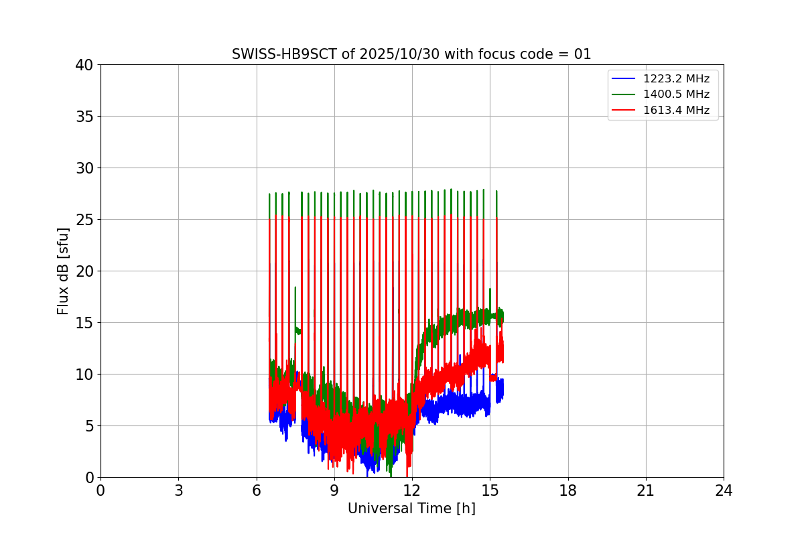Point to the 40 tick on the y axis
pos(84,65)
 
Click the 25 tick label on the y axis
pos(84,220)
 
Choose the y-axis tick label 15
pos(84,323)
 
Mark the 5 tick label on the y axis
pos(88,426)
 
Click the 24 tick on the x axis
pos(724,490)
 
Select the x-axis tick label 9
pos(334,490)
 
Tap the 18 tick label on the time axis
pos(567,490)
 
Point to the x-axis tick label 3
pos(178,490)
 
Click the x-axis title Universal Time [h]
pos(411,509)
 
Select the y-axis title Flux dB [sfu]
pos(63,271)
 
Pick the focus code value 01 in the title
pos(582,54)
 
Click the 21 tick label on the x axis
pos(645,490)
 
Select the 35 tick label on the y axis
pos(84,117)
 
